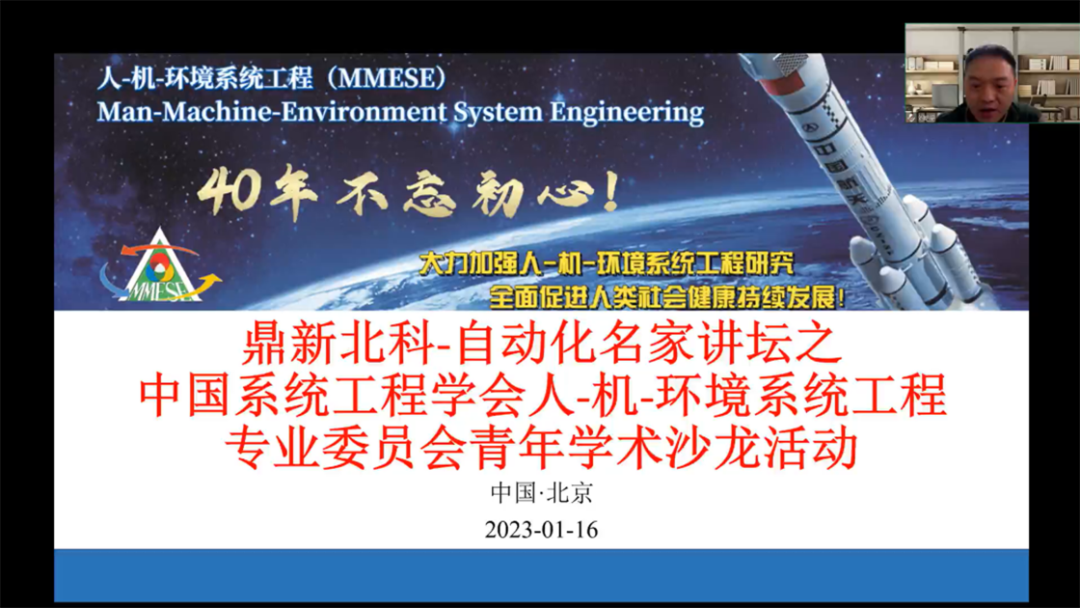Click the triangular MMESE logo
pos(160,266)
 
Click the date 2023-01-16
pos(541,530)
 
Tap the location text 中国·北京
pos(541,493)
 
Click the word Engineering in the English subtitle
pos(627,112)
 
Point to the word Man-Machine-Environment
pos(272,112)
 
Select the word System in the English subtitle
pos(498,112)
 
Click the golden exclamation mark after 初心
pos(610,191)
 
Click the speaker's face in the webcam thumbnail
pos(989,81)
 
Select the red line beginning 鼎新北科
pos(542,345)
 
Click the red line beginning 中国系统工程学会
pos(542,397)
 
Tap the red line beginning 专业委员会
pos(541,448)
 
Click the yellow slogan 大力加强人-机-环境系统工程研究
pos(607,263)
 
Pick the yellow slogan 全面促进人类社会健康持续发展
pos(666,297)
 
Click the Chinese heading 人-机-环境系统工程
pos(205,78)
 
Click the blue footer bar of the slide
pos(541,575)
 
